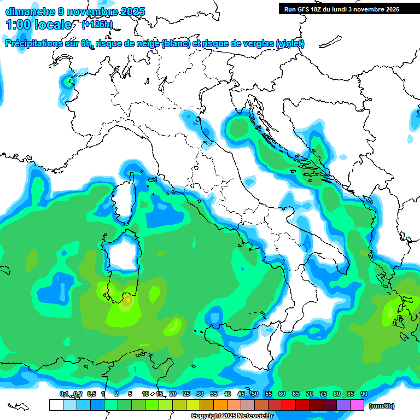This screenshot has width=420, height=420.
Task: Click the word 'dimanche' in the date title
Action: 27,11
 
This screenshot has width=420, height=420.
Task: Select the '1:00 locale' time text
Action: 39,25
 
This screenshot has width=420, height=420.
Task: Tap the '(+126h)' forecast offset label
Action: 97,25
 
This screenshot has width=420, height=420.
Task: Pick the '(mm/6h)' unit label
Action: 382,406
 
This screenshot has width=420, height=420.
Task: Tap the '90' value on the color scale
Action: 364,394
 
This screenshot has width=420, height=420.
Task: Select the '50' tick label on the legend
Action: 255,394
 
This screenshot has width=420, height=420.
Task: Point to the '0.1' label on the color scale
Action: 64,394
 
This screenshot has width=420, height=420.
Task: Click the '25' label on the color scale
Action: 186,394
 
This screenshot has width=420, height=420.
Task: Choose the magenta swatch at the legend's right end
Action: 357,405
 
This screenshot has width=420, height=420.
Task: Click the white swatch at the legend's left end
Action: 56,405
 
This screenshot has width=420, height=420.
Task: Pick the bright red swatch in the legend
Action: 289,405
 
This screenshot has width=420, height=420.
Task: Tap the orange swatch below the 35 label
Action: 220,405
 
